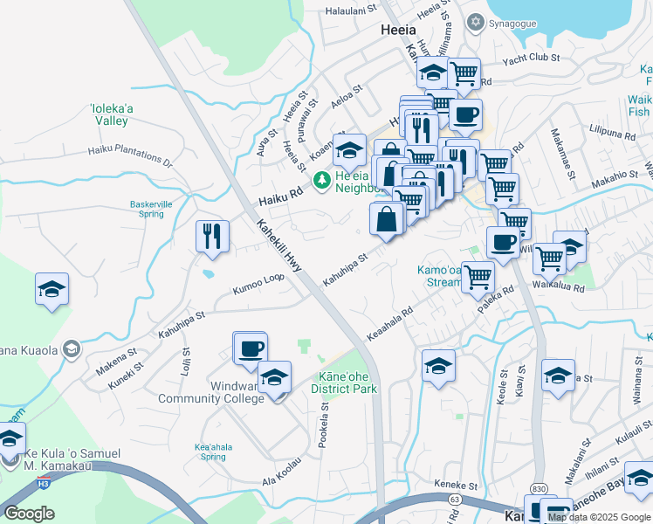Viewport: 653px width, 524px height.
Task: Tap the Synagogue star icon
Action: tap(476, 21)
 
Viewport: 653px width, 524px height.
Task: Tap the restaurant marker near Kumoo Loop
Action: tap(212, 237)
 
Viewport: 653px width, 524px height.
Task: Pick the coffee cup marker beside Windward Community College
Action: tap(250, 348)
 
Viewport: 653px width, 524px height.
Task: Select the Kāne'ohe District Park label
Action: tap(344, 382)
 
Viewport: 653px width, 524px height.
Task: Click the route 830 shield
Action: tap(536, 490)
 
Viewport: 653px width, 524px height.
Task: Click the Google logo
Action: tap(28, 514)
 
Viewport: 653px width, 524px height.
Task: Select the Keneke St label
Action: tap(456, 486)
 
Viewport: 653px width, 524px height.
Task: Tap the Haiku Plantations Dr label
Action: tap(130, 155)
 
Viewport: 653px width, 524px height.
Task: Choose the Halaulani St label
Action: tap(349, 10)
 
